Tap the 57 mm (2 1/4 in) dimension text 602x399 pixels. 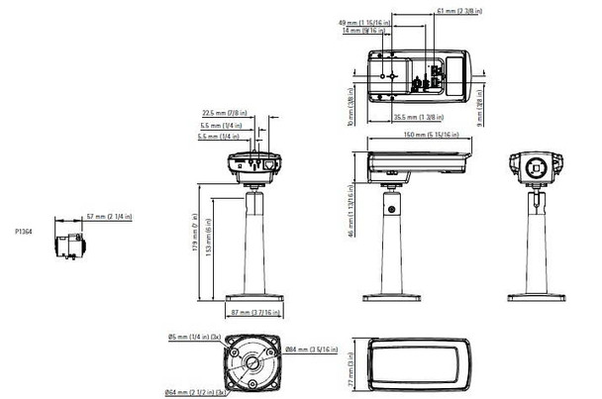(x=109, y=216)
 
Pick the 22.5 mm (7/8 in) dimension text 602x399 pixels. (x=224, y=113)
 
